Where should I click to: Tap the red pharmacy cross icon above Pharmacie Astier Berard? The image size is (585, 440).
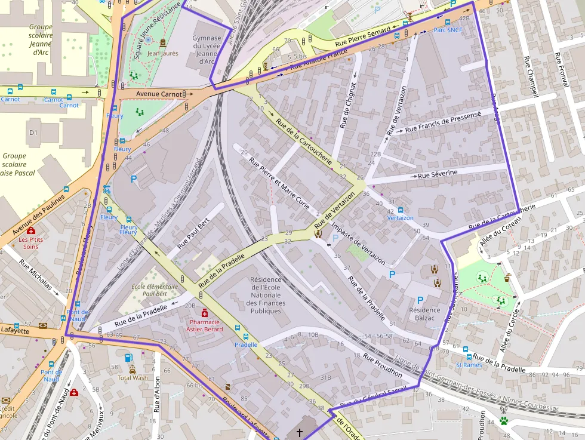click(205, 312)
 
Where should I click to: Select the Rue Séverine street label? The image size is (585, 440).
click(438, 174)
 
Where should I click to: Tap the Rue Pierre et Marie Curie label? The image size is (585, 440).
click(279, 183)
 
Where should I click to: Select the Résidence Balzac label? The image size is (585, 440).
click(424, 314)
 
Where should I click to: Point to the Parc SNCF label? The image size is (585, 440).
click(448, 29)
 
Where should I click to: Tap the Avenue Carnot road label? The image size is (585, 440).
click(159, 94)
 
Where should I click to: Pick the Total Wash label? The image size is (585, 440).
click(133, 377)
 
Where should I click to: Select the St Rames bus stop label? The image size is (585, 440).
click(469, 365)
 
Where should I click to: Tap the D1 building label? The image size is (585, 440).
click(33, 132)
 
